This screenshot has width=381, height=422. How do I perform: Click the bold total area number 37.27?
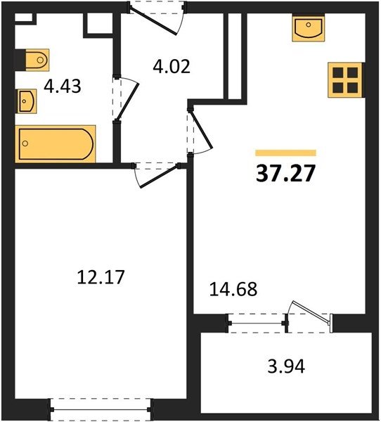coord(285,174)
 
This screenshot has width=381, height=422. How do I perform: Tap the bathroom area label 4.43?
coord(62,87)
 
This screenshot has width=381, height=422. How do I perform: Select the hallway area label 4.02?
coord(172,67)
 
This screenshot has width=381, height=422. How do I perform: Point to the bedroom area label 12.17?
coord(101,277)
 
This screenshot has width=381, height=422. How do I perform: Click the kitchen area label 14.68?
coord(233,289)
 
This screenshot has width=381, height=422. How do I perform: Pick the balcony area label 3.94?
coord(286,366)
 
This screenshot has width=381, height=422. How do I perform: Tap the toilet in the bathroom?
coord(37,60)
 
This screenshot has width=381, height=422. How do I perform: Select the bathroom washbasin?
coord(27,101)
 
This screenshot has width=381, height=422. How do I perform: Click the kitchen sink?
coord(309,27)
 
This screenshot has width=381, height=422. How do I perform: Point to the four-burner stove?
coord(345,80)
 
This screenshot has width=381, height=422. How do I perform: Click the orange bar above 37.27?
coord(285,153)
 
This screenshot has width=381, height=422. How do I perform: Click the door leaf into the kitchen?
coord(202,130)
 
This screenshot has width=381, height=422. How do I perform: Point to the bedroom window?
coord(100,409)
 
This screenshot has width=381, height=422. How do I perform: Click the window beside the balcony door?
coord(257,323)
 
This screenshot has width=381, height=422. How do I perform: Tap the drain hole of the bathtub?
coord(25,143)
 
